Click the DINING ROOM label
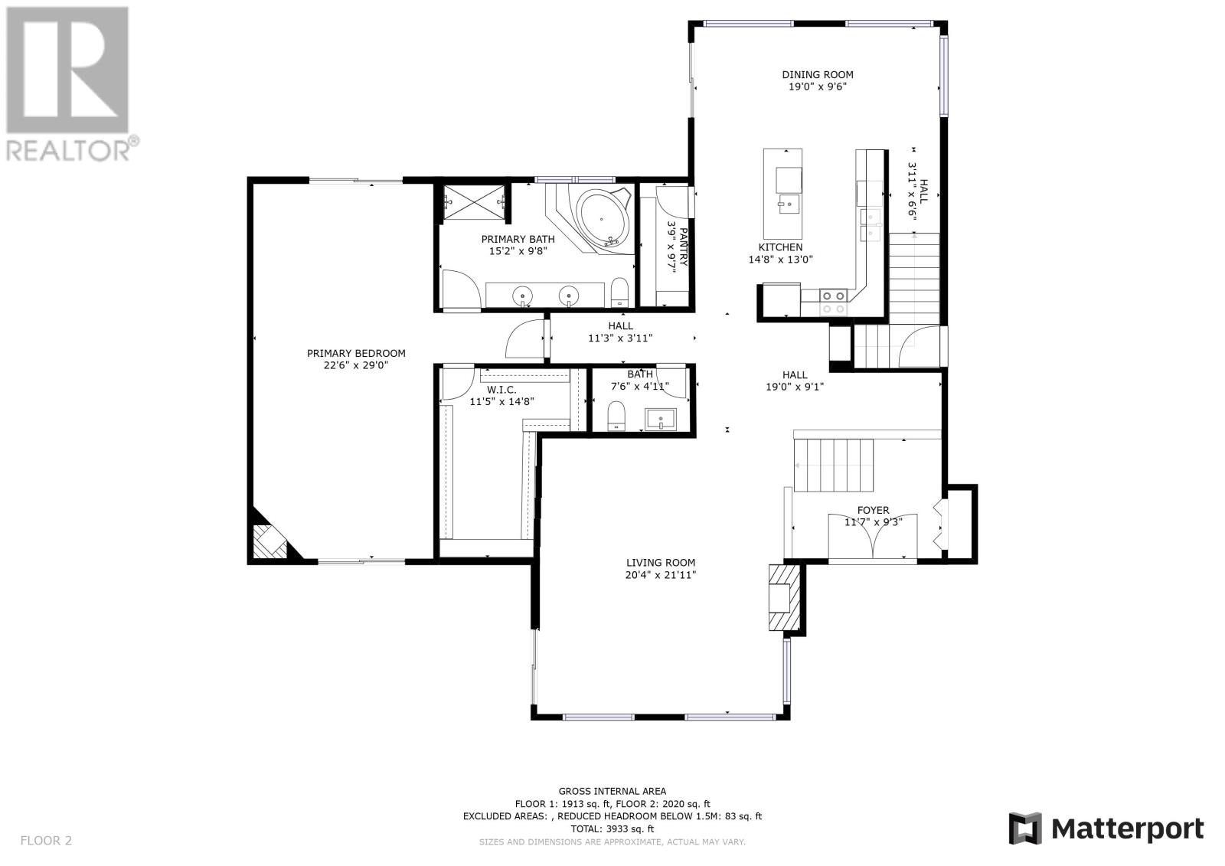(x=817, y=74)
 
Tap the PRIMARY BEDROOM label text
(x=356, y=354)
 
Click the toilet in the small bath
(x=616, y=415)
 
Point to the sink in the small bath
(x=661, y=419)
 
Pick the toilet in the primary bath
(x=619, y=292)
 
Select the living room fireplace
(x=784, y=597)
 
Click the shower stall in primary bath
(x=474, y=202)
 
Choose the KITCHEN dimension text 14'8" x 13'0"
(x=780, y=260)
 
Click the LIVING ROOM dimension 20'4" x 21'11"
(x=661, y=574)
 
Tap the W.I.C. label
(x=501, y=390)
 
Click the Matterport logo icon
(x=1025, y=828)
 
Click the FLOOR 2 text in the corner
(x=46, y=840)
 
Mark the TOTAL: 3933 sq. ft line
(x=612, y=828)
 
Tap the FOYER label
(x=873, y=510)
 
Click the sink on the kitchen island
(x=788, y=204)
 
